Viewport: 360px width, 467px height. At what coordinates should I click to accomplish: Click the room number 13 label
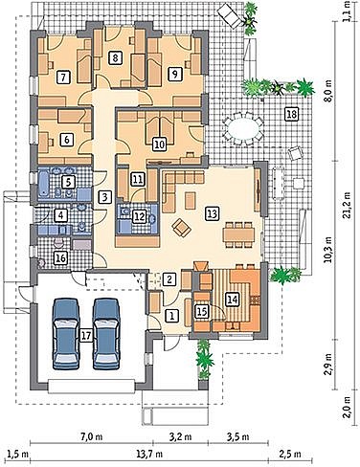pyautogui.click(x=213, y=213)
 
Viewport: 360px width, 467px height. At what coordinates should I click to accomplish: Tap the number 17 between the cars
pyautogui.click(x=86, y=335)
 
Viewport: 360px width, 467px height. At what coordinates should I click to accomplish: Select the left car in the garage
pyautogui.click(x=66, y=334)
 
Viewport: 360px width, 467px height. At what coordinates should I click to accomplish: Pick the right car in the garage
pyautogui.click(x=106, y=334)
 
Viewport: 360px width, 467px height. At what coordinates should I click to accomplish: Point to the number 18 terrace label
pyautogui.click(x=292, y=114)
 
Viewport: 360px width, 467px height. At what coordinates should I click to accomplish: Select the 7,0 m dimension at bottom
pyautogui.click(x=91, y=436)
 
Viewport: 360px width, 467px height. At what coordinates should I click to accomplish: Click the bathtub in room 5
pyautogui.click(x=44, y=183)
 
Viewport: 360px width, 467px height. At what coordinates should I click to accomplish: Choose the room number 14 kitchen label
pyautogui.click(x=232, y=300)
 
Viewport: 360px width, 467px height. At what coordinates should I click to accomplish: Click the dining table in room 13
pyautogui.click(x=239, y=234)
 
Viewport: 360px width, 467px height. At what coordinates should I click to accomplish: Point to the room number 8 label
pyautogui.click(x=115, y=58)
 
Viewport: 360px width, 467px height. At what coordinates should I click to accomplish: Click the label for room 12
pyautogui.click(x=139, y=216)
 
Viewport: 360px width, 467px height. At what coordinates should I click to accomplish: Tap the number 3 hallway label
pyautogui.click(x=104, y=197)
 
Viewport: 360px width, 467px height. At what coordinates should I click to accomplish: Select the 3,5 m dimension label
pyautogui.click(x=238, y=436)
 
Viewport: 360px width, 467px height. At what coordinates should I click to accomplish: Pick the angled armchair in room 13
pyautogui.click(x=181, y=227)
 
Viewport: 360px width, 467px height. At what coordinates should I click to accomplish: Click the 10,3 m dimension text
pyautogui.click(x=328, y=250)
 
